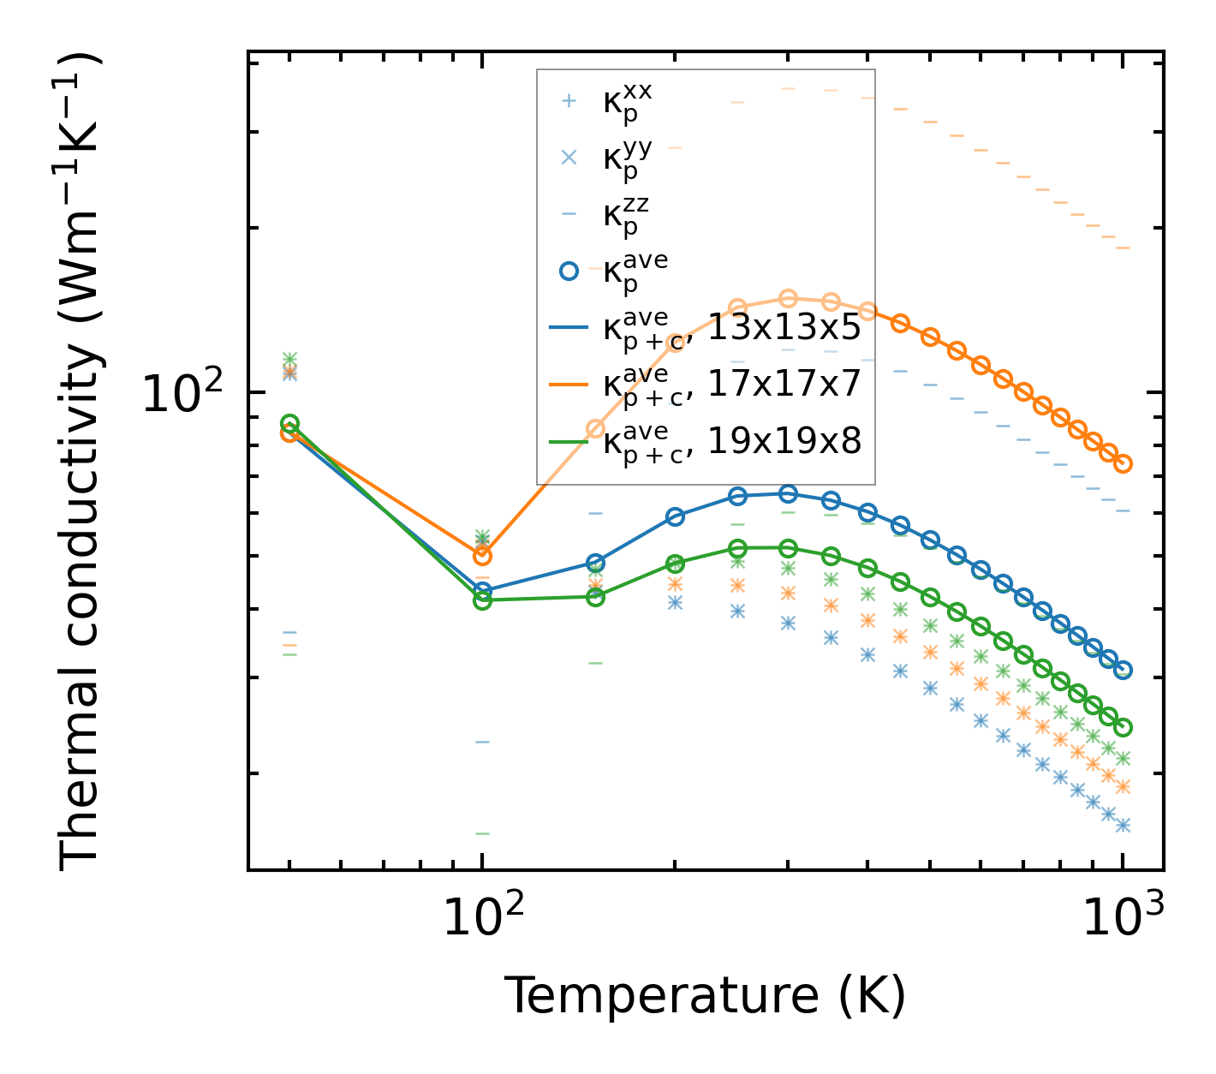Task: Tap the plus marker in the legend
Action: point(568,101)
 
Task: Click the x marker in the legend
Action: point(568,158)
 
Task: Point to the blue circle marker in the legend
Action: point(568,271)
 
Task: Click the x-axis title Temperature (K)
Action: point(705,995)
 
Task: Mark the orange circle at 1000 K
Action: point(1123,464)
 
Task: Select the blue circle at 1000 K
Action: point(1123,670)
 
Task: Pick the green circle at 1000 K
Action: point(1123,727)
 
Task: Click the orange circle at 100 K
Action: point(482,556)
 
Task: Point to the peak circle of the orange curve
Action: point(789,298)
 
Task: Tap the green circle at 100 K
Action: point(482,600)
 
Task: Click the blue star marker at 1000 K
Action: point(1123,825)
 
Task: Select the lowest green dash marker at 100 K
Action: point(482,832)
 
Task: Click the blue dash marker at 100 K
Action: point(482,742)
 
